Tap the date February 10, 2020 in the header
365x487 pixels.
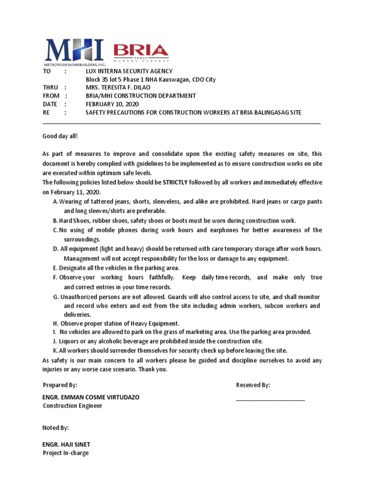[110, 104]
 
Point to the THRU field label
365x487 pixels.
[50, 88]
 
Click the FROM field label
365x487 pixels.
[51, 96]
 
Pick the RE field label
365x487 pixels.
[47, 112]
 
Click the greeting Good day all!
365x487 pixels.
[60, 136]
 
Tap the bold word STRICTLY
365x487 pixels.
[175, 182]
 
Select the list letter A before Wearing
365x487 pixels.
[56, 202]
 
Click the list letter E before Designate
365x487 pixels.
[55, 268]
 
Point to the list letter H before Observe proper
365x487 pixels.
[56, 323]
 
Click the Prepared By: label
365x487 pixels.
[60, 385]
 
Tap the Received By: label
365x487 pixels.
[253, 385]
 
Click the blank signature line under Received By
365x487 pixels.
[270, 399]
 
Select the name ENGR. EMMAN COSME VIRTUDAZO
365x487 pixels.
[91, 397]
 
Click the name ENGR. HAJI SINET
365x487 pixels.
[67, 445]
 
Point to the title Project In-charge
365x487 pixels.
[66, 453]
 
